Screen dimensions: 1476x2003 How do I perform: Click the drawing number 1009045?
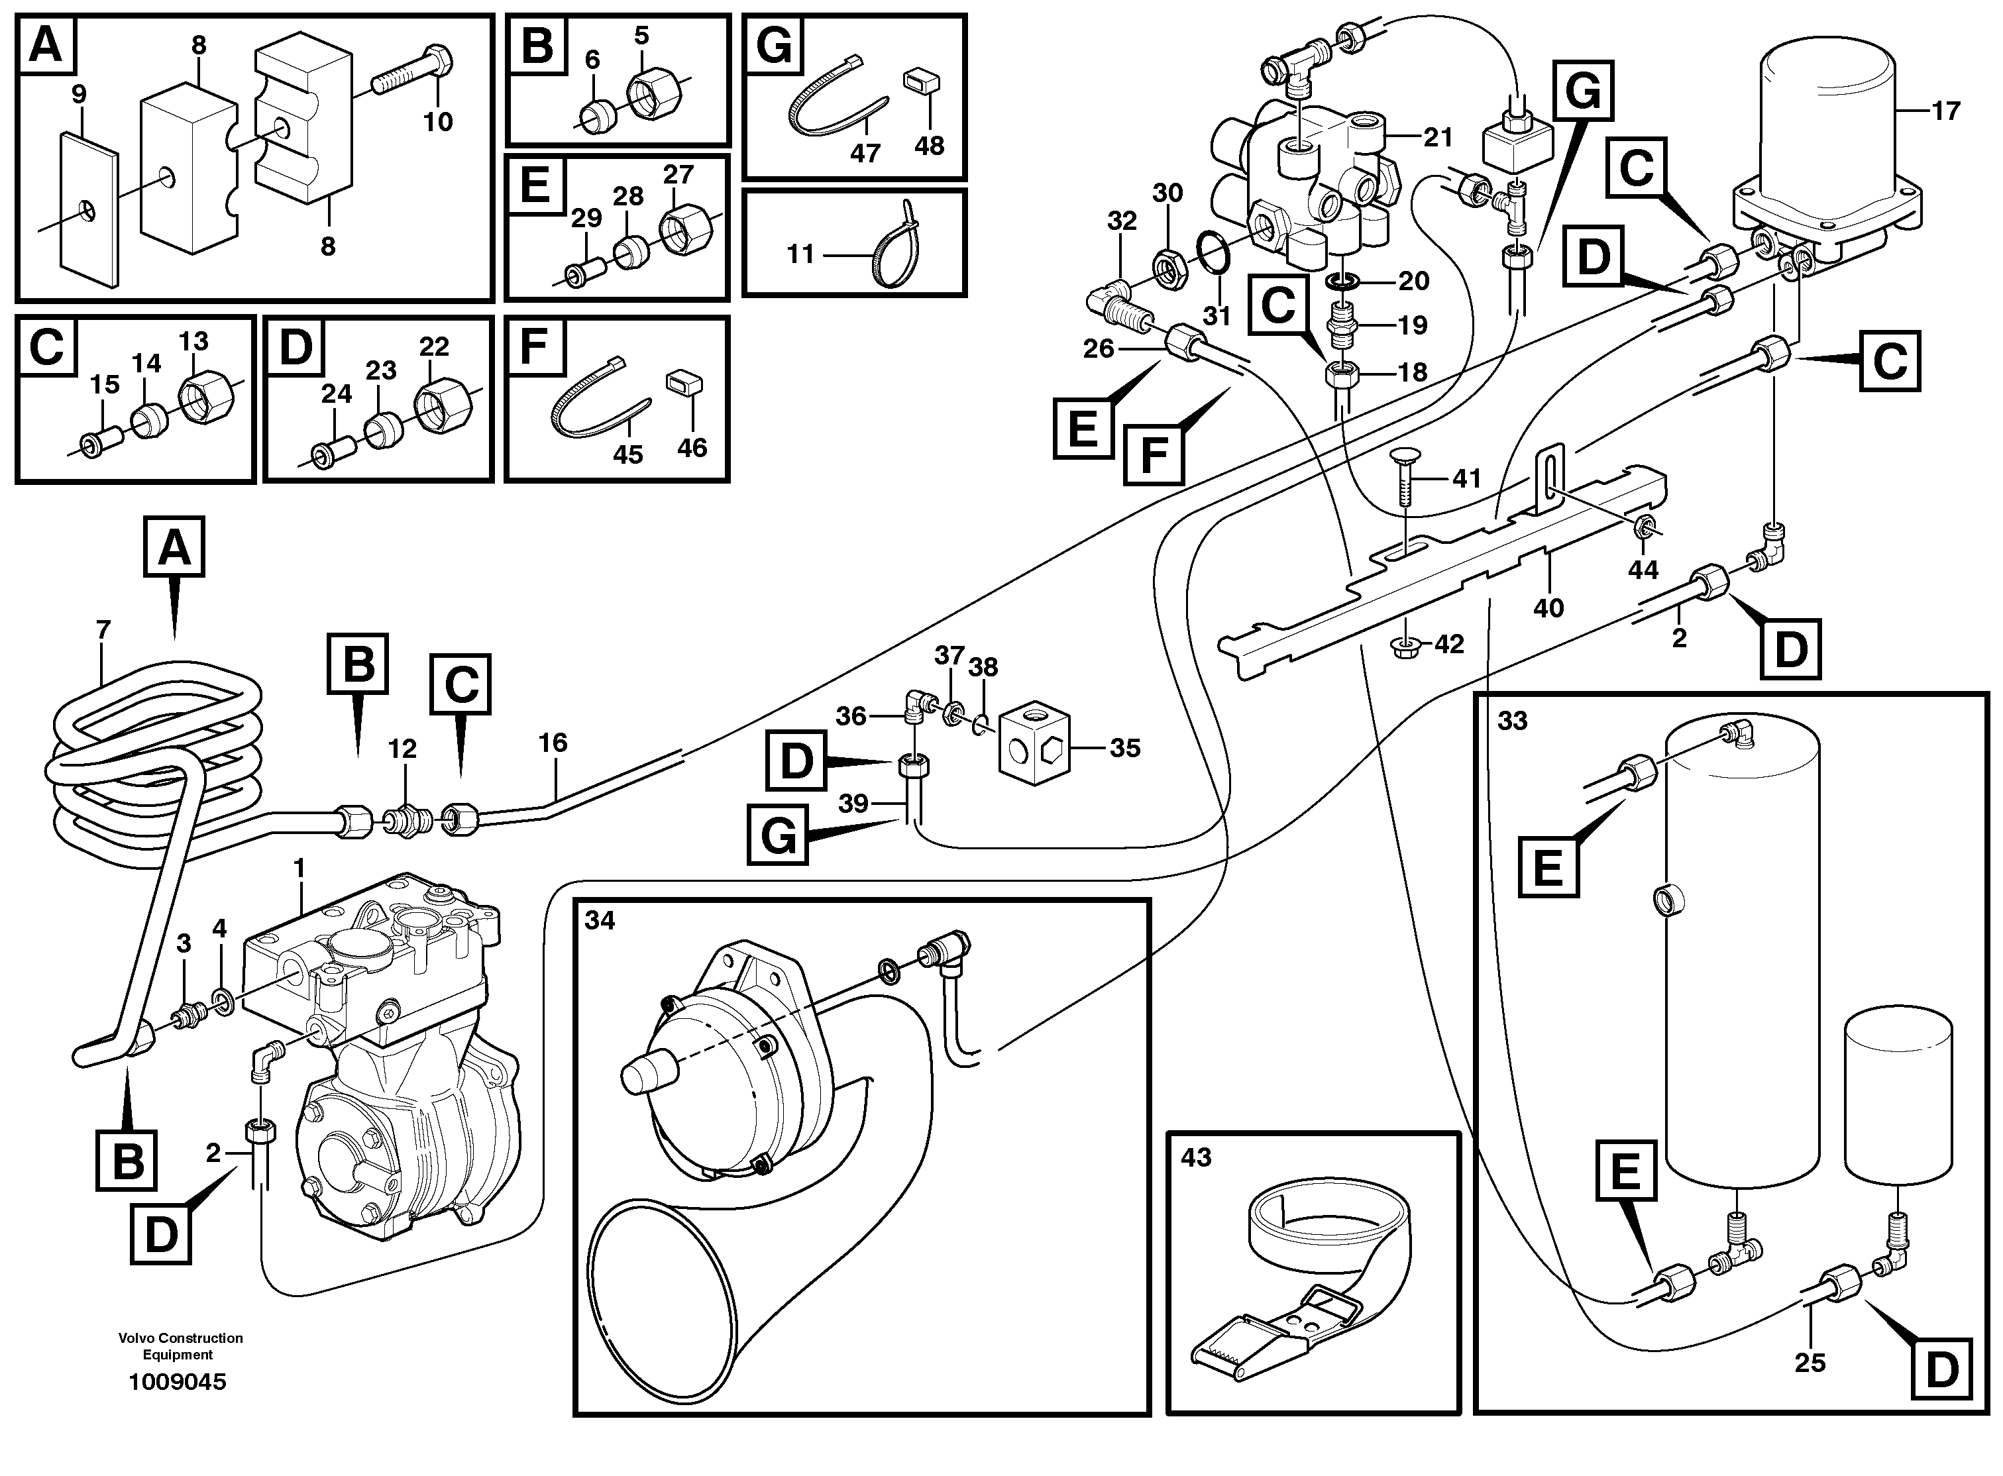coord(178,1382)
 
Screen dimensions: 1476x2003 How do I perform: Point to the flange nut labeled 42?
coord(1406,644)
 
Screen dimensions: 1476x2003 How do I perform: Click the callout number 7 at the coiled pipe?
coord(103,630)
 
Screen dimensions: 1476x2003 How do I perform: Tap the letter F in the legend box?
coord(533,346)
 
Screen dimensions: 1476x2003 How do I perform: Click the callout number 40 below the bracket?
coord(1548,607)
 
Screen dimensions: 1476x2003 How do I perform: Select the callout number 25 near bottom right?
coord(1809,1363)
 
